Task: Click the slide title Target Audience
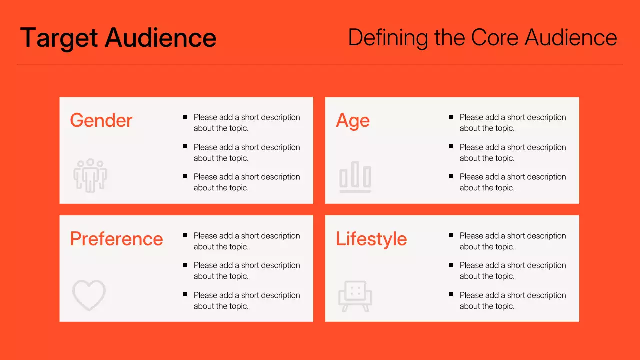click(x=118, y=38)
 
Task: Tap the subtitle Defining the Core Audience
click(x=482, y=38)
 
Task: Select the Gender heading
click(x=101, y=120)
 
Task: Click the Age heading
click(x=353, y=120)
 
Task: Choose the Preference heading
click(x=116, y=239)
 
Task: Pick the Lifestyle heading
click(x=371, y=239)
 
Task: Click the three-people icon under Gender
click(x=90, y=176)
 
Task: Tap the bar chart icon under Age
click(x=355, y=176)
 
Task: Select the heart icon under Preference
click(x=89, y=295)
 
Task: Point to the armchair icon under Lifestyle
click(x=355, y=296)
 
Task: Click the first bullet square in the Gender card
click(x=185, y=117)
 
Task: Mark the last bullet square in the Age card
click(x=451, y=176)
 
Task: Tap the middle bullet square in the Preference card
click(x=185, y=265)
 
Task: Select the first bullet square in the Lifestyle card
click(x=451, y=235)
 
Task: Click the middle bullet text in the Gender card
click(x=247, y=153)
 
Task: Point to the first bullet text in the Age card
click(x=513, y=123)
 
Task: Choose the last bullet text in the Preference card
click(x=247, y=301)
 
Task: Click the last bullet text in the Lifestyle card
click(x=513, y=301)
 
